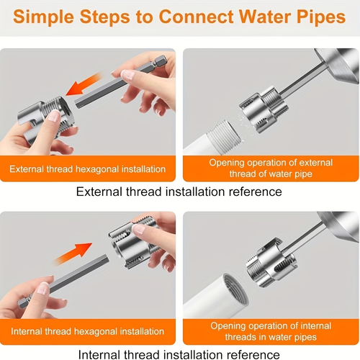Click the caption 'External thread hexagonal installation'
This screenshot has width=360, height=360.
(88, 170)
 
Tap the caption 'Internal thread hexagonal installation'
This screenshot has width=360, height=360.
(88, 331)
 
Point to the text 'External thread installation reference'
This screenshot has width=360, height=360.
(179, 192)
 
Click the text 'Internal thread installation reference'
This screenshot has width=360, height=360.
(179, 354)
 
